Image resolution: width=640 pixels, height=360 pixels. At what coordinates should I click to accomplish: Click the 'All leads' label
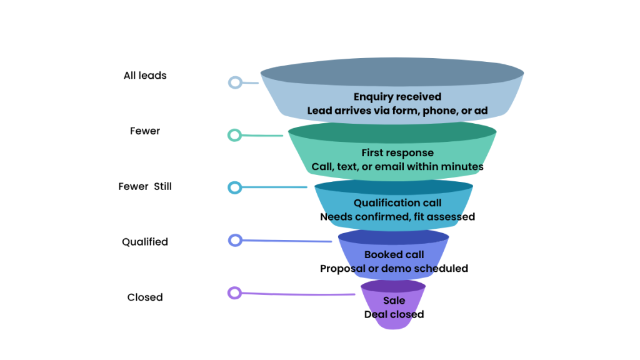(x=145, y=76)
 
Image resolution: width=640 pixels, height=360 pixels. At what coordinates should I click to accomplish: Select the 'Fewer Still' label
(x=145, y=186)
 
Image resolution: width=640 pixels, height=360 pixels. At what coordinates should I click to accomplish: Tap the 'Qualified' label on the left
(x=145, y=242)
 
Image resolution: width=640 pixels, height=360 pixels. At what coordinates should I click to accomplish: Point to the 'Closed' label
(x=145, y=297)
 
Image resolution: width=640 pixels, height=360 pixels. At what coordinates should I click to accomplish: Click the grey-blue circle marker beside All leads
(x=235, y=82)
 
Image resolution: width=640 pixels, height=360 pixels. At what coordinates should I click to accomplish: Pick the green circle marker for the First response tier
(x=234, y=135)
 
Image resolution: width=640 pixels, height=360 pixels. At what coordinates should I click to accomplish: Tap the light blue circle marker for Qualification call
(x=234, y=187)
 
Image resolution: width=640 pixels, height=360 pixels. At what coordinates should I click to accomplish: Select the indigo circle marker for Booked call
(x=235, y=240)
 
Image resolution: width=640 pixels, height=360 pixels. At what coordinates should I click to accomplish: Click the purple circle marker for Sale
(x=234, y=292)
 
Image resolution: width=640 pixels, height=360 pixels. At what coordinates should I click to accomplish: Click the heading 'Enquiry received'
(x=397, y=97)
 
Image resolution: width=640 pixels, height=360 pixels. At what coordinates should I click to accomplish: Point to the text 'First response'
(x=397, y=152)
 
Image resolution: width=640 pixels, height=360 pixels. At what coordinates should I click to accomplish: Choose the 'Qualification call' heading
(x=397, y=202)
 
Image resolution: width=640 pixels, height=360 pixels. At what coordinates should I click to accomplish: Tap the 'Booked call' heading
(x=394, y=254)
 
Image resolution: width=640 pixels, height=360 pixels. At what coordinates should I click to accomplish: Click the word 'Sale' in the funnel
(x=394, y=301)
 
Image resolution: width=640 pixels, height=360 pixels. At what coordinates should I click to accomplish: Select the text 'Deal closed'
(x=394, y=314)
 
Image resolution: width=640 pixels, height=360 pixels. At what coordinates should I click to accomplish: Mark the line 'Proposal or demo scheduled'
(x=394, y=268)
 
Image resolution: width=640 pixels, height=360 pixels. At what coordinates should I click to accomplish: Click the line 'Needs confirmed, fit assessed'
(x=397, y=217)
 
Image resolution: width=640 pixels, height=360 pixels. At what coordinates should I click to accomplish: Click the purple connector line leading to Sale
(x=300, y=294)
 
